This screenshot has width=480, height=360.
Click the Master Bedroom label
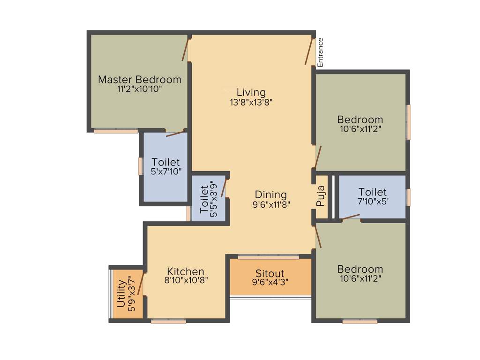[x=139, y=79]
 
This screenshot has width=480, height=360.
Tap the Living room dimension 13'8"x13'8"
[x=251, y=102]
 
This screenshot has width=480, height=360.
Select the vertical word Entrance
[x=321, y=52]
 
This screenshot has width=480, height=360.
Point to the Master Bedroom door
[x=186, y=50]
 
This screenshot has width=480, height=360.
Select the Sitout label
[x=270, y=273]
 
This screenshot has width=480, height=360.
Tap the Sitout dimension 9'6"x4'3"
[x=270, y=282]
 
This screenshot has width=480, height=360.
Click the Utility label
[x=121, y=293]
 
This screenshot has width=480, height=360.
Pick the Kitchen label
[x=186, y=271]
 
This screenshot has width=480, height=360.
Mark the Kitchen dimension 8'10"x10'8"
[x=186, y=280]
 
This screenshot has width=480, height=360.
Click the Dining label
[x=270, y=194]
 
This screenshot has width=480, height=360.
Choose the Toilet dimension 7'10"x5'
[x=373, y=201]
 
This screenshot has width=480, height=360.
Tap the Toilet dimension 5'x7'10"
[x=166, y=172]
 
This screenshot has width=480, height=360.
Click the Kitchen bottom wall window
[x=168, y=321]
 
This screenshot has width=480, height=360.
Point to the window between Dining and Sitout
[x=268, y=257]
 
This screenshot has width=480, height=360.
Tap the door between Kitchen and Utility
[x=141, y=283]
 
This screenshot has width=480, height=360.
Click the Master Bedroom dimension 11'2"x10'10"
[x=139, y=89]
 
